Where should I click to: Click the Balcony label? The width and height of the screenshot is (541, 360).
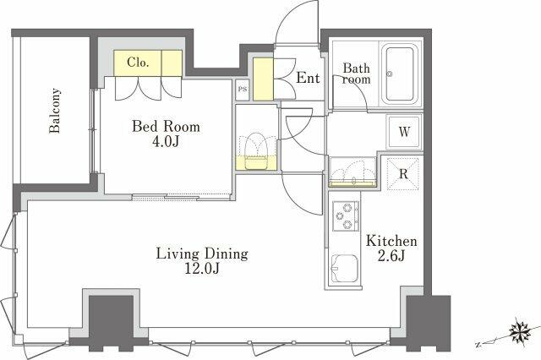[55, 111]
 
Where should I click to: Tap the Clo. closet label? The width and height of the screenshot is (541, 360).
[138, 63]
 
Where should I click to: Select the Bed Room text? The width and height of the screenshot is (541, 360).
[166, 127]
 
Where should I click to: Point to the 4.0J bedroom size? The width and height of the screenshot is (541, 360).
[166, 141]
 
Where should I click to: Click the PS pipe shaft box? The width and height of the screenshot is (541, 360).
[243, 90]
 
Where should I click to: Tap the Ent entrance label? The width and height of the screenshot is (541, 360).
[308, 78]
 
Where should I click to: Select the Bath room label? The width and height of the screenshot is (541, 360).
[357, 74]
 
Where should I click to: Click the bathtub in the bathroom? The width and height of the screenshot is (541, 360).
[400, 74]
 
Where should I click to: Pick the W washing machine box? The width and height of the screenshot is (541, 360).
[404, 132]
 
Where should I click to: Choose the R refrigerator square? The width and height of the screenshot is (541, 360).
[403, 174]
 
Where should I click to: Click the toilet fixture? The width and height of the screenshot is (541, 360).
[256, 151]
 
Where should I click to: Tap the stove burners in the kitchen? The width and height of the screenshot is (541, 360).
[346, 215]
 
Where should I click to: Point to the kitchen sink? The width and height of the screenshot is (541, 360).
[344, 268]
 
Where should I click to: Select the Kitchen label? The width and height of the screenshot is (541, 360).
[391, 241]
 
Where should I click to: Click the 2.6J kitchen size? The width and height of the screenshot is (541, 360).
[391, 255]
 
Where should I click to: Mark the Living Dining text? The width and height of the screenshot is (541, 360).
[202, 254]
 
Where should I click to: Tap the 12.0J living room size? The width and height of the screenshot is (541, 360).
[202, 268]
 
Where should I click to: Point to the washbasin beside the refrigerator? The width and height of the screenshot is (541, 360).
[352, 172]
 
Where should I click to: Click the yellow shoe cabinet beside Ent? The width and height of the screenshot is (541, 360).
[263, 79]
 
